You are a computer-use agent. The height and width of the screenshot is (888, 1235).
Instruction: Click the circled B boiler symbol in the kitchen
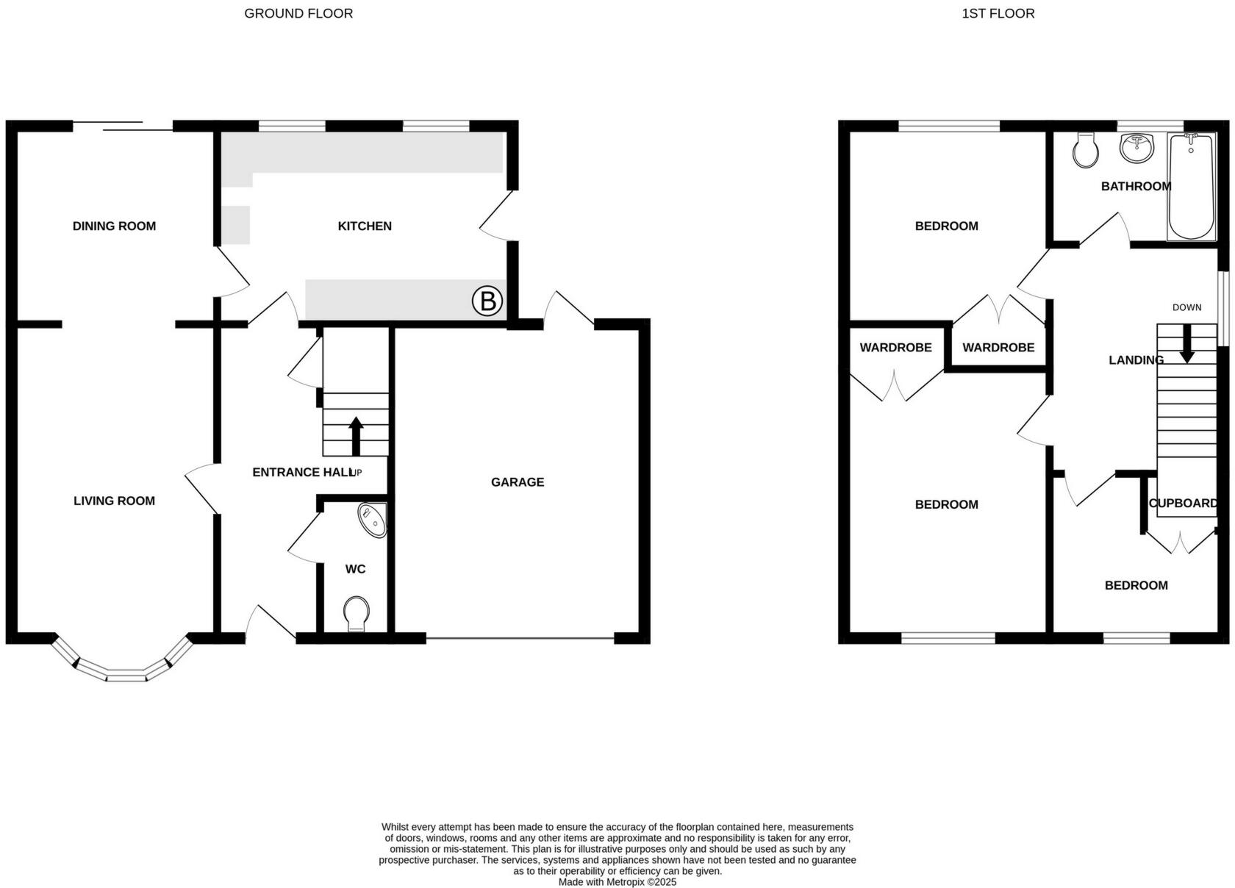point(487,301)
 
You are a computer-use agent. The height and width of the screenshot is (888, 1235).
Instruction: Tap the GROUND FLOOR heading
point(298,13)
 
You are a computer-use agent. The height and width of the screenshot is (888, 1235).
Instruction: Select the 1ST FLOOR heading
point(998,13)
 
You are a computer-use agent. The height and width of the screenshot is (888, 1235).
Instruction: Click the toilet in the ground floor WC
point(357,613)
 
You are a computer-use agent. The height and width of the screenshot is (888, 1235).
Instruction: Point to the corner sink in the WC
point(373,519)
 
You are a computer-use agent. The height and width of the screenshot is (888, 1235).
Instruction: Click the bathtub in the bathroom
point(1192,187)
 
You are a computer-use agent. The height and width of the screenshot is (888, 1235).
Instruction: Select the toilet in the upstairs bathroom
point(1085,151)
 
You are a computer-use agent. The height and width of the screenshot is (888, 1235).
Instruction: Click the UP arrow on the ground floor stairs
point(356,437)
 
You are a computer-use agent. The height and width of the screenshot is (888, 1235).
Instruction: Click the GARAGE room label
point(518,482)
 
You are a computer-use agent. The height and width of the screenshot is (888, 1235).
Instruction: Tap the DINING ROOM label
point(114,226)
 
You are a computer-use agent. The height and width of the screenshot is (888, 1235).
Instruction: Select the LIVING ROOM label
point(114,501)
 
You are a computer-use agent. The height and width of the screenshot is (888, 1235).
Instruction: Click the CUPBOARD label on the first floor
point(1183,504)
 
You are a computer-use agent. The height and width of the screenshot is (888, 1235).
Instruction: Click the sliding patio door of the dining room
point(122,126)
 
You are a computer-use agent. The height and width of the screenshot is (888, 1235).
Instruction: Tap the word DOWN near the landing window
point(1186,307)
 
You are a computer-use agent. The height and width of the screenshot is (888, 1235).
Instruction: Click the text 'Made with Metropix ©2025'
point(617,882)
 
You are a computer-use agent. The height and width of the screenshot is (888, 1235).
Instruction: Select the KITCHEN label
point(365,226)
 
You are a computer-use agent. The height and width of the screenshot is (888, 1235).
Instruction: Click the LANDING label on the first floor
point(1136,360)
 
